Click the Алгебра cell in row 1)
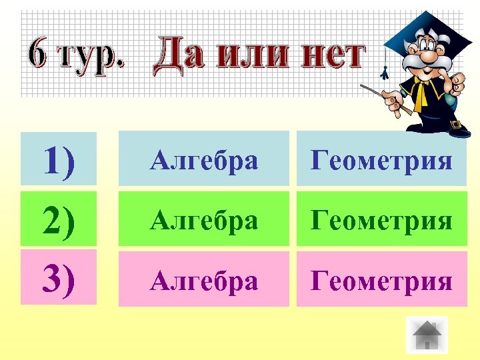[x=203, y=160]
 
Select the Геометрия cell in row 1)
[x=381, y=160]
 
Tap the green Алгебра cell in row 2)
[x=203, y=219]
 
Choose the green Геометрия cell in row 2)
[x=381, y=219]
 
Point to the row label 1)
[x=59, y=160]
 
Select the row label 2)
[x=59, y=219]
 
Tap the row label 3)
[x=59, y=279]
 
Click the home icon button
[x=427, y=334]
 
